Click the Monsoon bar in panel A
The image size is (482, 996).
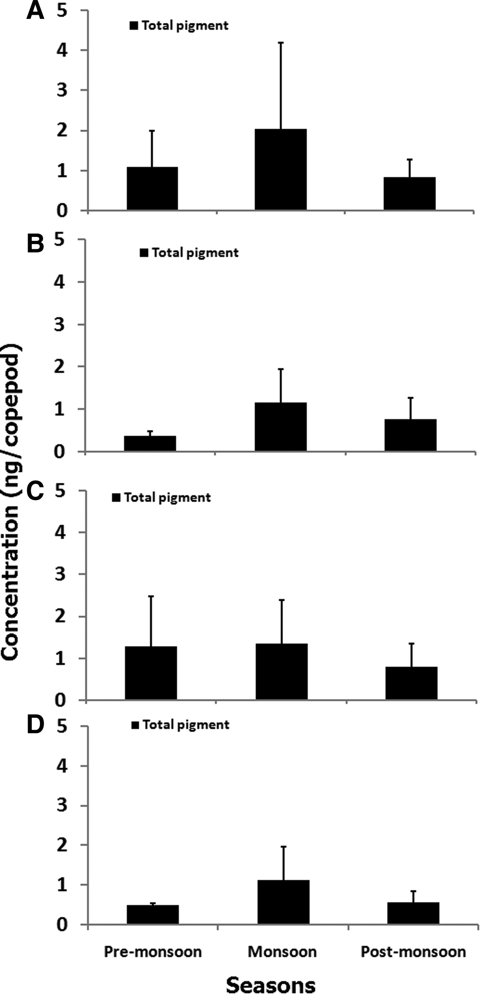point(281,170)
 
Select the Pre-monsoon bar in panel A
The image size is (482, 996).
point(152,189)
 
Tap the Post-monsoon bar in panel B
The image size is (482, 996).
point(410,435)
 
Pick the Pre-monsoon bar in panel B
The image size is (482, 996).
point(150,444)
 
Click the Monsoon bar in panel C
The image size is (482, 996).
point(281,672)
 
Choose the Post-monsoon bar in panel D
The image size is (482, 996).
point(413,913)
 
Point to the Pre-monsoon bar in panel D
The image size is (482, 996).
point(153,914)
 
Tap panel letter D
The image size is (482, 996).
point(35,726)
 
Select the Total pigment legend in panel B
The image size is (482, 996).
point(189,253)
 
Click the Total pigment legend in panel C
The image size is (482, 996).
point(161,497)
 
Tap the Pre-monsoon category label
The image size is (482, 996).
point(153,952)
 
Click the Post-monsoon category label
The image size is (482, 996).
point(413,952)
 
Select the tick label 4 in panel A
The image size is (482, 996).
point(62,50)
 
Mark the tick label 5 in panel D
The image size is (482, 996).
point(62,726)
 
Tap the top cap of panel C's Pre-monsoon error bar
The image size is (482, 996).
point(151,596)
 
